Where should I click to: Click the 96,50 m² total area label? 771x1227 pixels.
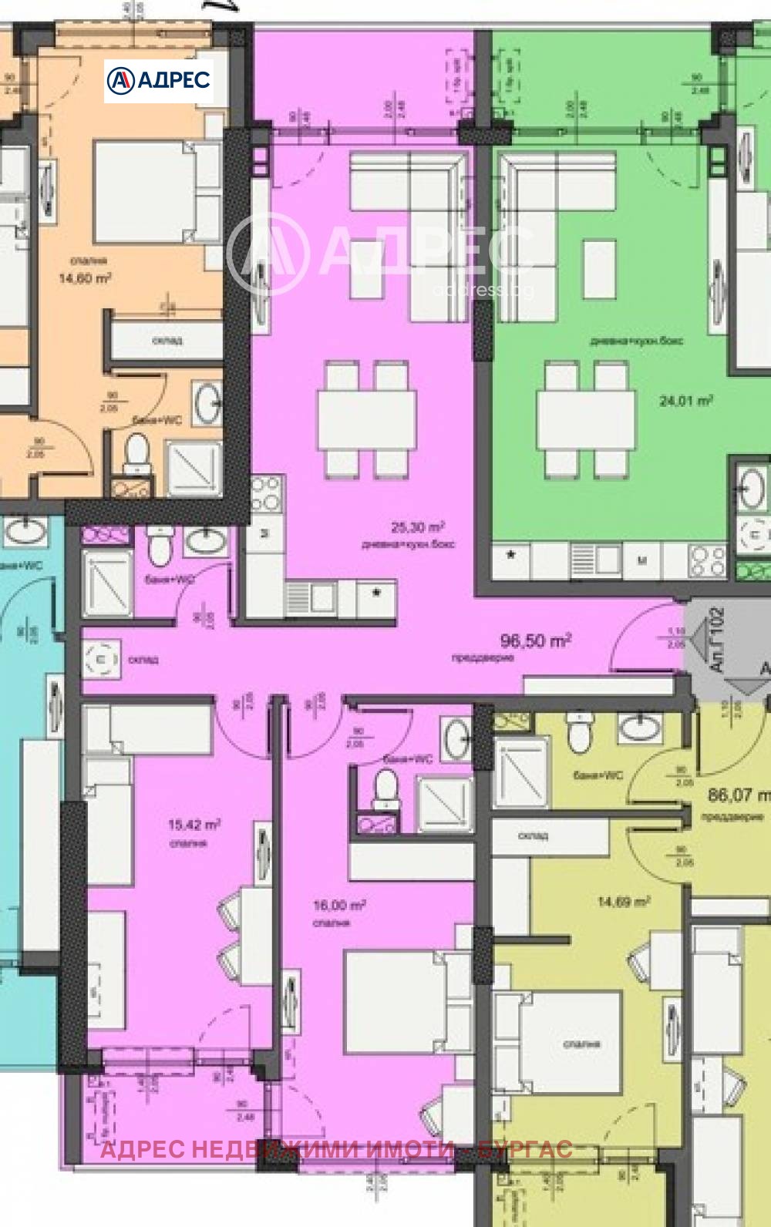click(535, 640)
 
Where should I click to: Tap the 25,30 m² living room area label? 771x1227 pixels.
click(417, 528)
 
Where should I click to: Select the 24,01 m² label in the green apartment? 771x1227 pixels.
click(685, 401)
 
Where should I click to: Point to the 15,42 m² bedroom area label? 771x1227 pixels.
click(194, 825)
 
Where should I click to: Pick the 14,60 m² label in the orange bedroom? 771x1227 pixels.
click(85, 278)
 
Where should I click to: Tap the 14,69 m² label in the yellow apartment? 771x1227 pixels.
click(624, 901)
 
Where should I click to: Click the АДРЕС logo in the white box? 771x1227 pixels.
click(159, 80)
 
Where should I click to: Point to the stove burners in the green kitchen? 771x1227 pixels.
click(708, 560)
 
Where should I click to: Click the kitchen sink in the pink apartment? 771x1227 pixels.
click(309, 596)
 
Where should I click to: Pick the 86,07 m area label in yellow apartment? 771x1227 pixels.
click(739, 794)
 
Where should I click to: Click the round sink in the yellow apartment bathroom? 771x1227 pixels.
click(640, 726)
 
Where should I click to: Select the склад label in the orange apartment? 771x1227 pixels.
click(167, 340)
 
